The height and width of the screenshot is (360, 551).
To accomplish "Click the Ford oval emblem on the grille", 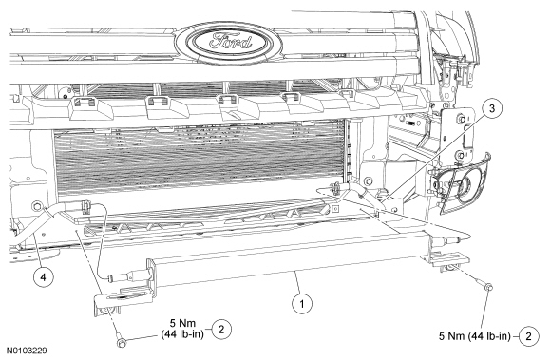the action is point(228,43).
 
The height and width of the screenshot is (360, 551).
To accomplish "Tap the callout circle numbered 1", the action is point(302,303).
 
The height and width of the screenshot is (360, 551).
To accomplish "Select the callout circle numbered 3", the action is point(491,108).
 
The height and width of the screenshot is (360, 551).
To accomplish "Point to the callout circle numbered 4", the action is point(43,277).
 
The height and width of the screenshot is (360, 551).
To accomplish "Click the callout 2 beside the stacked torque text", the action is point(221,329).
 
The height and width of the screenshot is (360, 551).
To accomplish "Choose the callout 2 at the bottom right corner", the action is point(528,336).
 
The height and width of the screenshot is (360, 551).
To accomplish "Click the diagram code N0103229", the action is point(27,351).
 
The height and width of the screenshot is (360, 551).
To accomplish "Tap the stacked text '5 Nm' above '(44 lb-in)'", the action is point(182,323).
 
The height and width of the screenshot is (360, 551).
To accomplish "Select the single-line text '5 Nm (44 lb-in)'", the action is point(474,336).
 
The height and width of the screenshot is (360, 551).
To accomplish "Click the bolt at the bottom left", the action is point(122,342).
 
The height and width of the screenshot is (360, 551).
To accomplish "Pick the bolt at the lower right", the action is point(488,287).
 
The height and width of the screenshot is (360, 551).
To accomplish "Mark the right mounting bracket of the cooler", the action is point(446,259).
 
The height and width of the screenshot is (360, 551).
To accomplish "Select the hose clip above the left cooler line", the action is point(85,206).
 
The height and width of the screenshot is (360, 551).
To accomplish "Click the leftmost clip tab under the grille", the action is point(85,103).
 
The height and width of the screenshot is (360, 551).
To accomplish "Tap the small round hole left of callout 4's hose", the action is point(36,206).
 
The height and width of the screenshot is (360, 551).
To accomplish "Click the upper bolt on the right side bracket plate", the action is point(461,119).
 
